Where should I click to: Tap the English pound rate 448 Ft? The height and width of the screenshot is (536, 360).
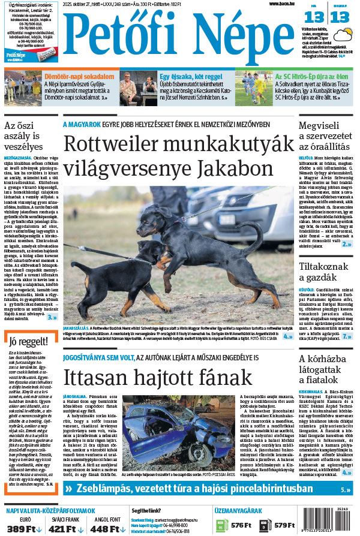pos(106,529)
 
